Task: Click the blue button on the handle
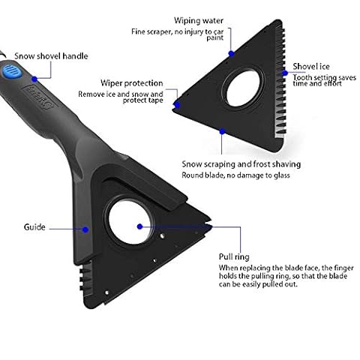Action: pyautogui.click(x=10, y=72)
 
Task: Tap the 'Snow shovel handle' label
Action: pyautogui.click(x=51, y=56)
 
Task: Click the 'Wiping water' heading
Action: pyautogui.click(x=199, y=20)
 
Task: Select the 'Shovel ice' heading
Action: pyautogui.click(x=311, y=67)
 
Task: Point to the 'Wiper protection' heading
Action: pyautogui.click(x=132, y=83)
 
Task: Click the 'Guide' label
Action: pyautogui.click(x=34, y=227)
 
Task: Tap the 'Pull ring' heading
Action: pyautogui.click(x=234, y=256)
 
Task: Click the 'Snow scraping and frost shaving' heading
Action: pyautogui.click(x=241, y=164)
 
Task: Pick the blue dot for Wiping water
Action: pyautogui.click(x=231, y=53)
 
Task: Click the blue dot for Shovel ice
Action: pyautogui.click(x=285, y=73)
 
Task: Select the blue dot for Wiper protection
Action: pyautogui.click(x=177, y=104)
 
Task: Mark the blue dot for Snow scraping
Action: pyautogui.click(x=222, y=131)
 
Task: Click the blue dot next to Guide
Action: pyautogui.click(x=85, y=229)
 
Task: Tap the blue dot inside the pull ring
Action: pyautogui.click(x=140, y=226)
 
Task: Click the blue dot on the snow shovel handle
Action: pyautogui.click(x=34, y=79)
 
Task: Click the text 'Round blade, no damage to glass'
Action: pyautogui.click(x=235, y=175)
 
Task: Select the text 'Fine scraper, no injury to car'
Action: pyautogui.click(x=178, y=31)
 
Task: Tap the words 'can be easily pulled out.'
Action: pyautogui.click(x=258, y=284)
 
